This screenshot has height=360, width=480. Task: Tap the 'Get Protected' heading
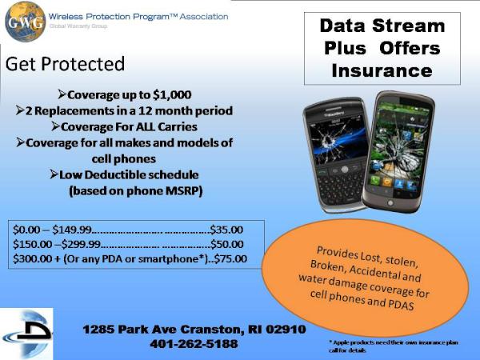[65, 63]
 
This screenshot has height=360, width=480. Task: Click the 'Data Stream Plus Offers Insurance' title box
[382, 48]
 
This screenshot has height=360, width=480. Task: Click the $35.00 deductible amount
[230, 229]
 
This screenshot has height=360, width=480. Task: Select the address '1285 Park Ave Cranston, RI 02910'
[194, 330]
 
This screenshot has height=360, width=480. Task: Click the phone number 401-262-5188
[194, 344]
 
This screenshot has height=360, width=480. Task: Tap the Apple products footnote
[392, 346]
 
